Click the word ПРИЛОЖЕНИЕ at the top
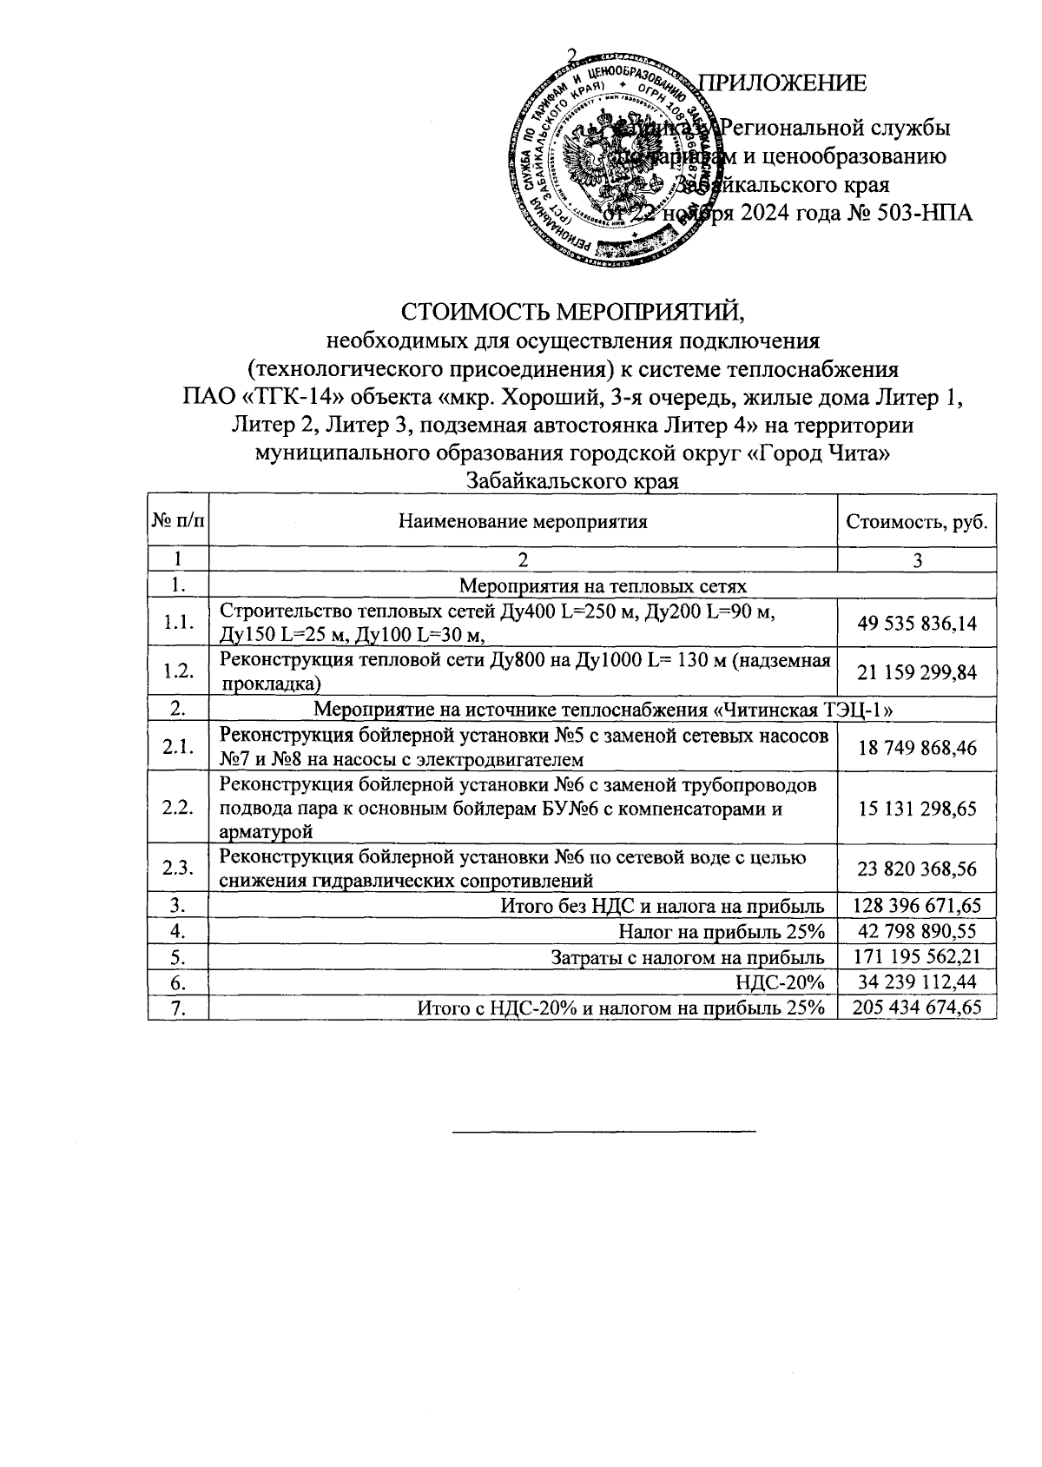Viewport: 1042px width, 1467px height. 783,83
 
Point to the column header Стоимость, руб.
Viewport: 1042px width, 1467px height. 916,521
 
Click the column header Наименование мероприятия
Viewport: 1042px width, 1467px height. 523,521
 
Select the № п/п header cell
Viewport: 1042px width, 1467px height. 178,521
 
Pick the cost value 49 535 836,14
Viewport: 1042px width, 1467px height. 917,623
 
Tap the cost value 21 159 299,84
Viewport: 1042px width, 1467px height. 917,671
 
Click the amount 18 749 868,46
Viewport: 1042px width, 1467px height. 917,747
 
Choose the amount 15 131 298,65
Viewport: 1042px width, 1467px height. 917,809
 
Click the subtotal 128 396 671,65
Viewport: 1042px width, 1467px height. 917,906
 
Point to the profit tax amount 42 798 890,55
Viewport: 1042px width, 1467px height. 917,931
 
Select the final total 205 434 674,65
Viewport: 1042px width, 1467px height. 917,1007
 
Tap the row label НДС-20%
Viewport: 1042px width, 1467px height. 779,981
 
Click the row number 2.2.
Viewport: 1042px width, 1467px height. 178,809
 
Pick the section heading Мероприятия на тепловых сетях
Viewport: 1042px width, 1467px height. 602,585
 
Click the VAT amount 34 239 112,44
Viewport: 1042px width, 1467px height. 917,981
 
